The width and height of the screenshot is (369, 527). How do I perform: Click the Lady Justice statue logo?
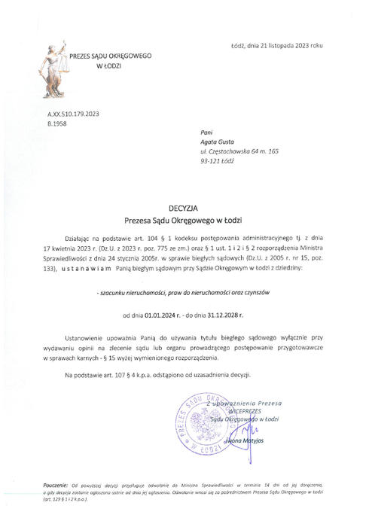[53, 66]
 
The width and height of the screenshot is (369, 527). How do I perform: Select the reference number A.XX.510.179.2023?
[73, 113]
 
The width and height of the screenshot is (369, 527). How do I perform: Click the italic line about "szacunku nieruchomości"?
[184, 291]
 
